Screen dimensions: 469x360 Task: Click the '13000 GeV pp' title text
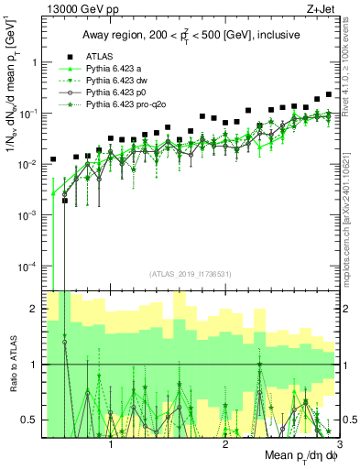pos(79,7)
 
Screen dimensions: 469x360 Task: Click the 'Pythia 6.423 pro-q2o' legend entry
pos(128,107)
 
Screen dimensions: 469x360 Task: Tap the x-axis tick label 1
pos(112,442)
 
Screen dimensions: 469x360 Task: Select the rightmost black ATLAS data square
pos(329,94)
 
